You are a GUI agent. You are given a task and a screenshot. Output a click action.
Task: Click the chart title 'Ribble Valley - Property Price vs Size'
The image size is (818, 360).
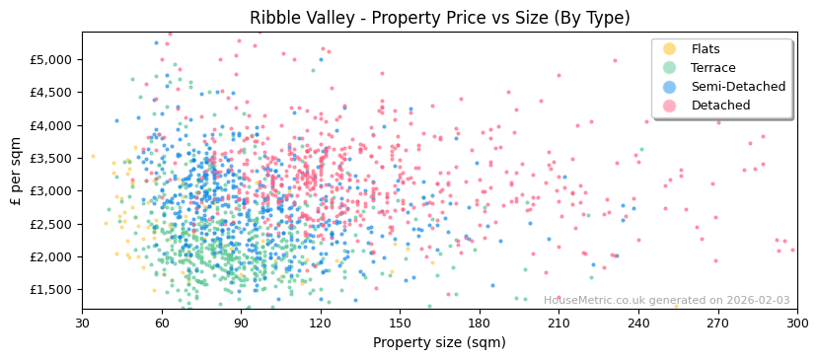pos(439,18)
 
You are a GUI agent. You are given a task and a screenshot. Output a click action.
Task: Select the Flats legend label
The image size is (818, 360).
pos(706,49)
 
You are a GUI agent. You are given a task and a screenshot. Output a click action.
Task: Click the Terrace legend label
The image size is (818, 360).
pos(712,68)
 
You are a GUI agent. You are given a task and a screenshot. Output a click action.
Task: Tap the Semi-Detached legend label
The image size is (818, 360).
pos(738,87)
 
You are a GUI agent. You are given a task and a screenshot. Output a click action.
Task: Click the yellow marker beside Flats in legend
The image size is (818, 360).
pos(670,49)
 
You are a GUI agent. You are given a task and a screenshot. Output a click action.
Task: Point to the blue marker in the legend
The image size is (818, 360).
pos(670,87)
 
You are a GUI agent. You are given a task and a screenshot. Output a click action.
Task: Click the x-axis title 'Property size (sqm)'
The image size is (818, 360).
pos(439,343)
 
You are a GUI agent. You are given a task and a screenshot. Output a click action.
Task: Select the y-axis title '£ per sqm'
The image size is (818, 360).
pos(16,172)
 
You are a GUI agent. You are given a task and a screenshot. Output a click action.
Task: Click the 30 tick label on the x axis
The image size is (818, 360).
pos(82,324)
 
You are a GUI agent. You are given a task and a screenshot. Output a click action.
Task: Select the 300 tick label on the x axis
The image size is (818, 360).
pos(797,324)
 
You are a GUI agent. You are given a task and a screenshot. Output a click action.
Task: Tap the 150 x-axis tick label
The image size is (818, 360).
pos(400,324)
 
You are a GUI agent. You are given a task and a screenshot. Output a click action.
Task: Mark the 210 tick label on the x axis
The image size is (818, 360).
pos(558,324)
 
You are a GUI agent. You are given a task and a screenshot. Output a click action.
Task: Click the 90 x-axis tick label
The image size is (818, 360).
pos(241,324)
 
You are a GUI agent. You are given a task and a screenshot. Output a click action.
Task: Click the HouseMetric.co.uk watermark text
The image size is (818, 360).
pos(667,301)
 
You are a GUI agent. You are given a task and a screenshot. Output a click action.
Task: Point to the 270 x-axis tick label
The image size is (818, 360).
pos(717,324)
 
